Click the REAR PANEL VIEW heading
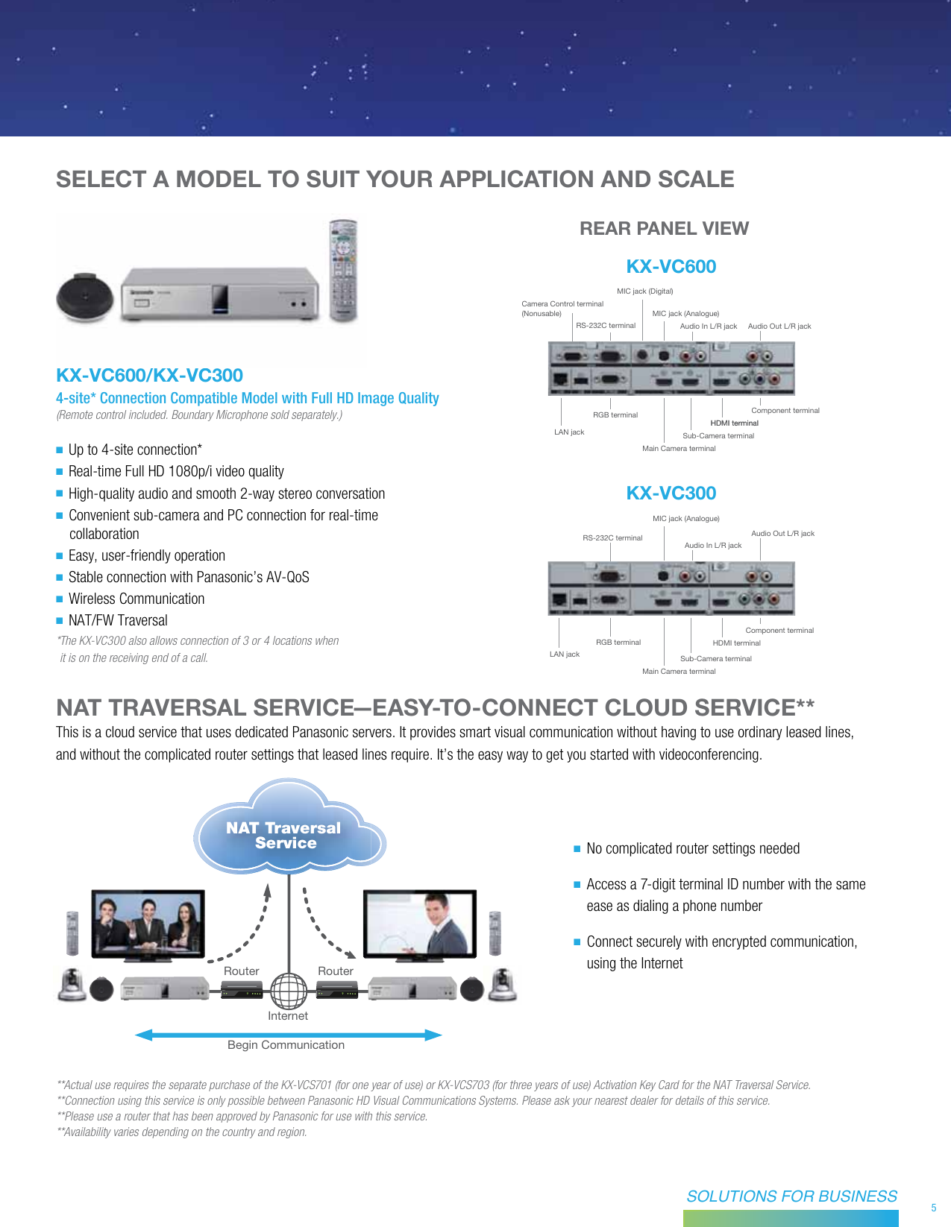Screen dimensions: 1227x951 coord(664,229)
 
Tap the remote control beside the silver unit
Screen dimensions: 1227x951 coord(344,270)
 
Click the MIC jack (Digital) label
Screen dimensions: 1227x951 coord(644,291)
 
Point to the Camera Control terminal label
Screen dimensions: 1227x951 coord(562,304)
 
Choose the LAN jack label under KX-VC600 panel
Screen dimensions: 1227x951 coord(569,432)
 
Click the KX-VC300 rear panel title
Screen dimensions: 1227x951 coord(671,493)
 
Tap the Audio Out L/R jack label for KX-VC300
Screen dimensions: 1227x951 coord(782,534)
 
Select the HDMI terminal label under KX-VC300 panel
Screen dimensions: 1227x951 coord(736,643)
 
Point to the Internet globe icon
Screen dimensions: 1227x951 coord(289,991)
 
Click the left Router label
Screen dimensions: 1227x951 coord(241,971)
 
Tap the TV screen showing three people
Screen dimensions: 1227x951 coord(148,922)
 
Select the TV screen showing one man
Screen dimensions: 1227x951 coord(419,922)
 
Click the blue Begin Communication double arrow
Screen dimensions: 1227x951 coord(288,1035)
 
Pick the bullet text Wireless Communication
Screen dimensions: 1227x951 coord(136,599)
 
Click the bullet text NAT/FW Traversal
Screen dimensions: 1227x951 coord(118,620)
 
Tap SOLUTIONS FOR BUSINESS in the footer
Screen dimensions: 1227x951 coord(791,1196)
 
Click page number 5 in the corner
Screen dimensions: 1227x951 coord(933,1208)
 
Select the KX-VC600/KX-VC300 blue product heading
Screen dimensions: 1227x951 coord(149,375)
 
